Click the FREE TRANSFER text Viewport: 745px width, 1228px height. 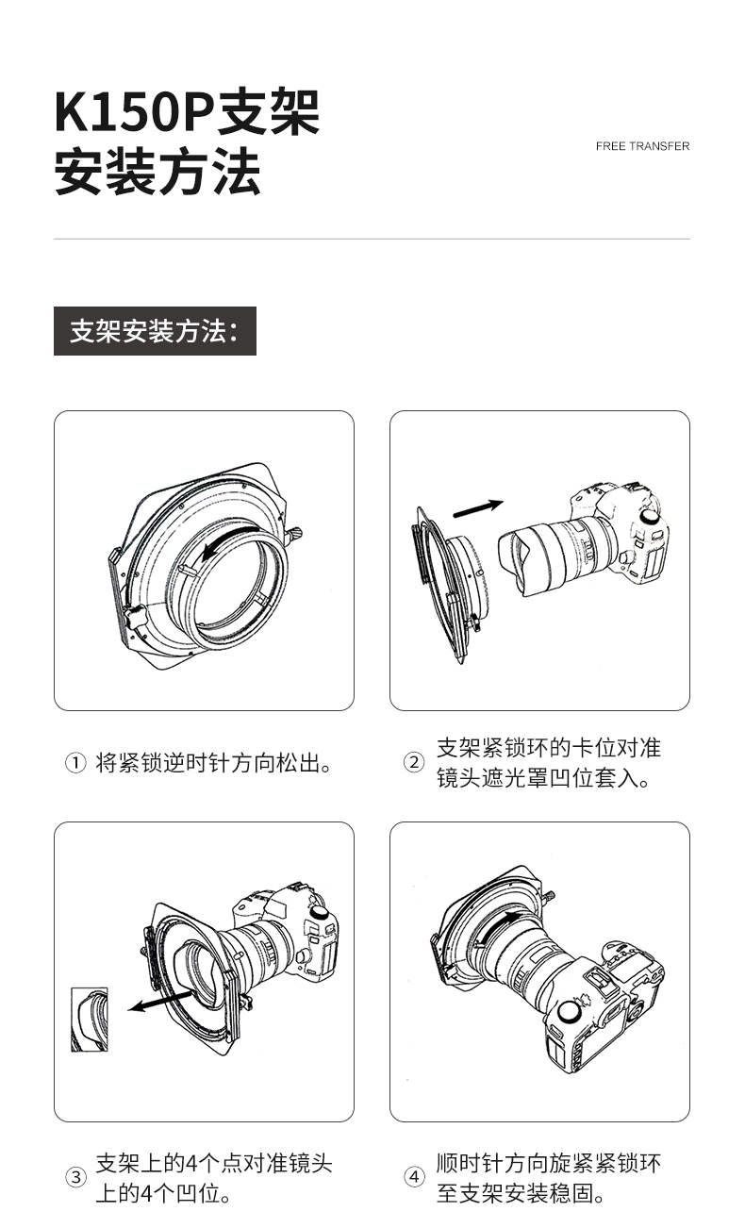click(642, 146)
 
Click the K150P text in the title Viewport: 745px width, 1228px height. click(133, 112)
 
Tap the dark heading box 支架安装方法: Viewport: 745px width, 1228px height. click(156, 330)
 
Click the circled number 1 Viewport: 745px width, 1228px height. click(75, 763)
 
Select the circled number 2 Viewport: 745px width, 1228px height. click(413, 762)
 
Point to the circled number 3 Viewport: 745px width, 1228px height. click(75, 1176)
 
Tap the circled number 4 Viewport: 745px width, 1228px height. click(414, 1176)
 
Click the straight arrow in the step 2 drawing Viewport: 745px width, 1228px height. click(478, 508)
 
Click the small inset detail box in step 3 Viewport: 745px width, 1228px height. click(90, 1020)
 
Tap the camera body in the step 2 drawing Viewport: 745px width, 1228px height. click(620, 535)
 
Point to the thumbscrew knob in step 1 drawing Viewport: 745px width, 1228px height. click(294, 535)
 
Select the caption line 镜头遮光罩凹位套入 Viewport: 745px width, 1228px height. click(542, 778)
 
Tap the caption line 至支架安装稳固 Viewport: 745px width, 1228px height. click(521, 1192)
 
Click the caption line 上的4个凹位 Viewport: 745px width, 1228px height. click(163, 1193)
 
